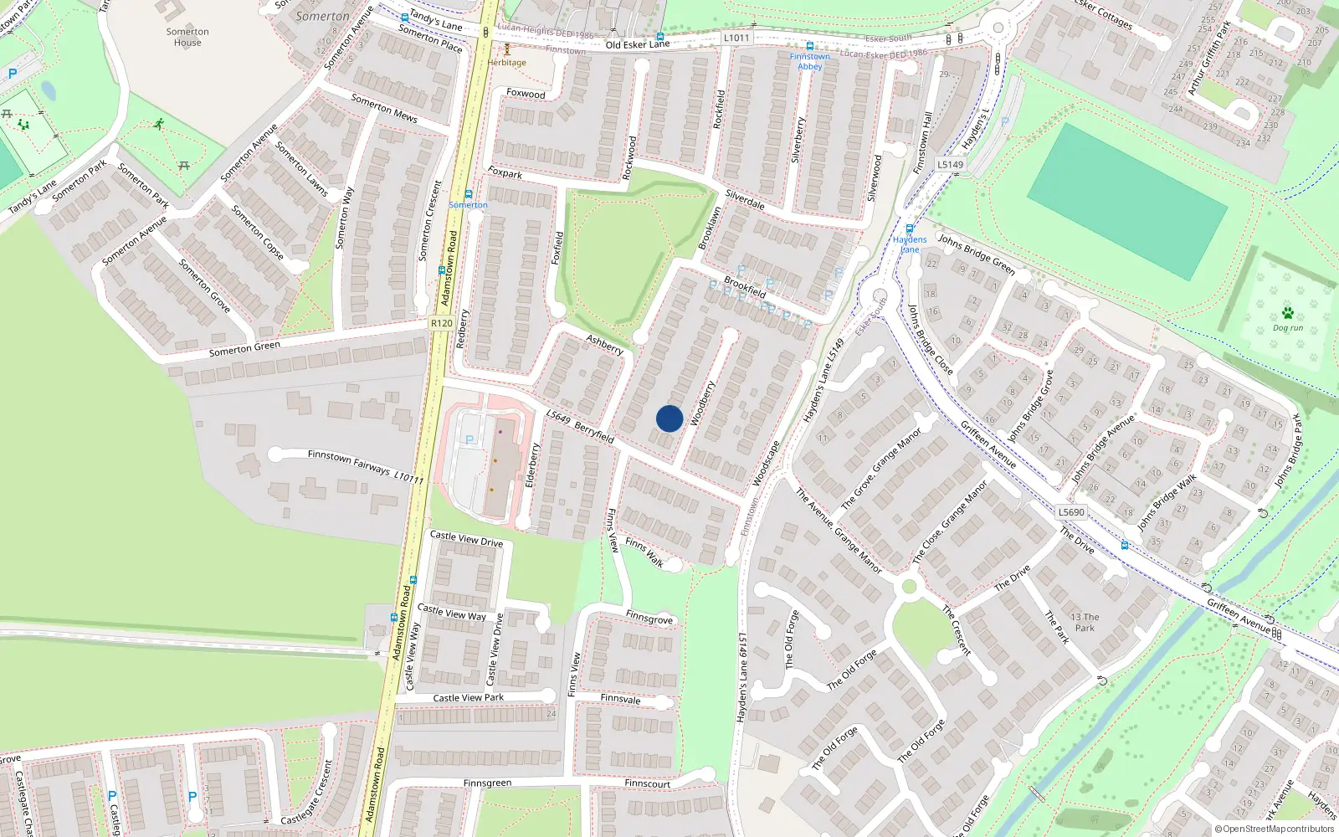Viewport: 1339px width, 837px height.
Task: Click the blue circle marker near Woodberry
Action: coord(669,418)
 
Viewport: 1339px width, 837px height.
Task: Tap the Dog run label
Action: coord(1288,328)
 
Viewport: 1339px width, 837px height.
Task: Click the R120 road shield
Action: coord(441,323)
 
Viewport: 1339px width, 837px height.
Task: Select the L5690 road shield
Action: coord(1071,512)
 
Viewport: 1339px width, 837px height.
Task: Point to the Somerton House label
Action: coord(187,37)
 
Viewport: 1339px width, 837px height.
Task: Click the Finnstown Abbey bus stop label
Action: coord(809,61)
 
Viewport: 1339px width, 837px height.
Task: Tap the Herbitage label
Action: coord(507,63)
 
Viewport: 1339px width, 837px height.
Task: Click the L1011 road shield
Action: coord(736,38)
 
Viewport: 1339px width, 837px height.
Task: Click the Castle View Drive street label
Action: coord(466,538)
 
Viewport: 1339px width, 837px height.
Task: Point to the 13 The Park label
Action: coord(1085,622)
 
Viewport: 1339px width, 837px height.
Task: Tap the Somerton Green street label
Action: coord(244,349)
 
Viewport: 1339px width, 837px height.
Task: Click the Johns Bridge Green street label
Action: coord(976,254)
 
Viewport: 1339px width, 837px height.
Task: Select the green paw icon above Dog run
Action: coord(1287,313)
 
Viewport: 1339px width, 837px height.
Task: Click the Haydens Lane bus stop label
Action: coord(910,244)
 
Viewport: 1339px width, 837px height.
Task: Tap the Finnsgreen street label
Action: coord(487,783)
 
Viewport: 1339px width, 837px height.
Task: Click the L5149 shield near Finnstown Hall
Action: coord(950,165)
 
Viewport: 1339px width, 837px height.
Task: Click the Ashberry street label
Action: coord(604,344)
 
